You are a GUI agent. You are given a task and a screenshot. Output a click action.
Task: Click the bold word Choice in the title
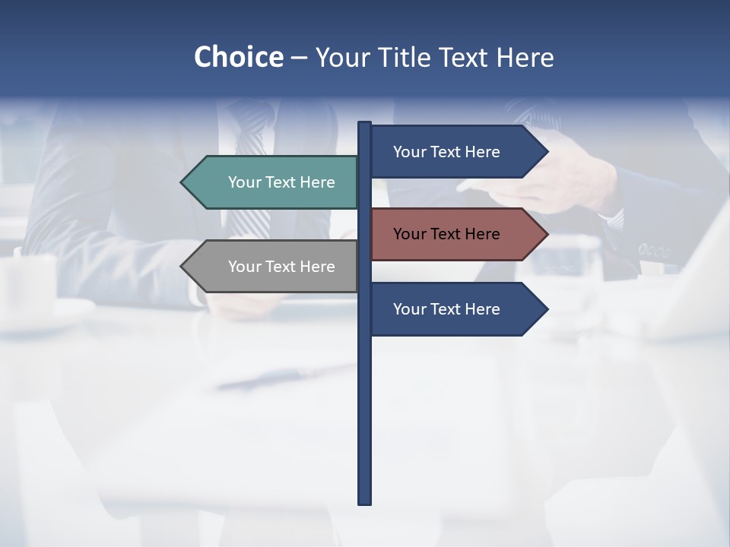click(x=238, y=58)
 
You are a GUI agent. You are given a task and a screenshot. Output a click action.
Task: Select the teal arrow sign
click(x=274, y=182)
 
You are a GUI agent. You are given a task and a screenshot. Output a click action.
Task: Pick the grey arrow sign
click(x=274, y=266)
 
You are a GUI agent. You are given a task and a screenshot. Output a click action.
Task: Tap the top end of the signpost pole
click(x=365, y=124)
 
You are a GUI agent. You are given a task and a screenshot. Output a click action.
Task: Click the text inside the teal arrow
click(x=281, y=182)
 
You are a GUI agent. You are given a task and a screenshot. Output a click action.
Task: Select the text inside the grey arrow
click(x=281, y=267)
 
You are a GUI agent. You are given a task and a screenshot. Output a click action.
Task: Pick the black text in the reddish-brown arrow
click(x=446, y=234)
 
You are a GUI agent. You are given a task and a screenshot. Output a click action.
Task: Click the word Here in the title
click(x=525, y=58)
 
